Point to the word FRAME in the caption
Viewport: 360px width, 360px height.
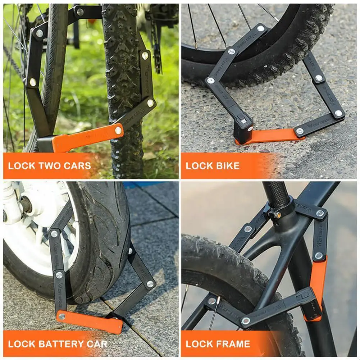(236, 344)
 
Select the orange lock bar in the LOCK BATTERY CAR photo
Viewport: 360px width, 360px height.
(90, 321)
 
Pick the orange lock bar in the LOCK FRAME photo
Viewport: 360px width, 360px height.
(318, 284)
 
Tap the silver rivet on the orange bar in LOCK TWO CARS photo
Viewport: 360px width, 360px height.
(118, 131)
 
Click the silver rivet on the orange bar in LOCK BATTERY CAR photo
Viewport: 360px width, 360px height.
(62, 316)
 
